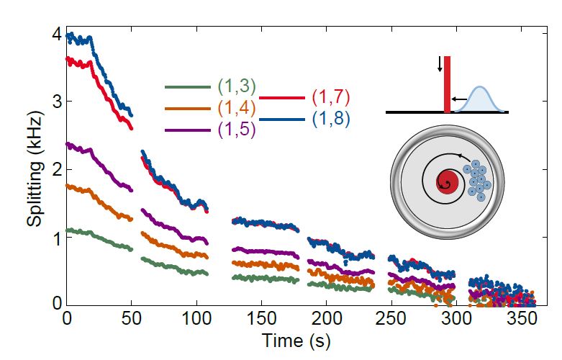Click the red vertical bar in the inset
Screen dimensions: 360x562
click(447, 85)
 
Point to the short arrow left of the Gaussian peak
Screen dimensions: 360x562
click(458, 99)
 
